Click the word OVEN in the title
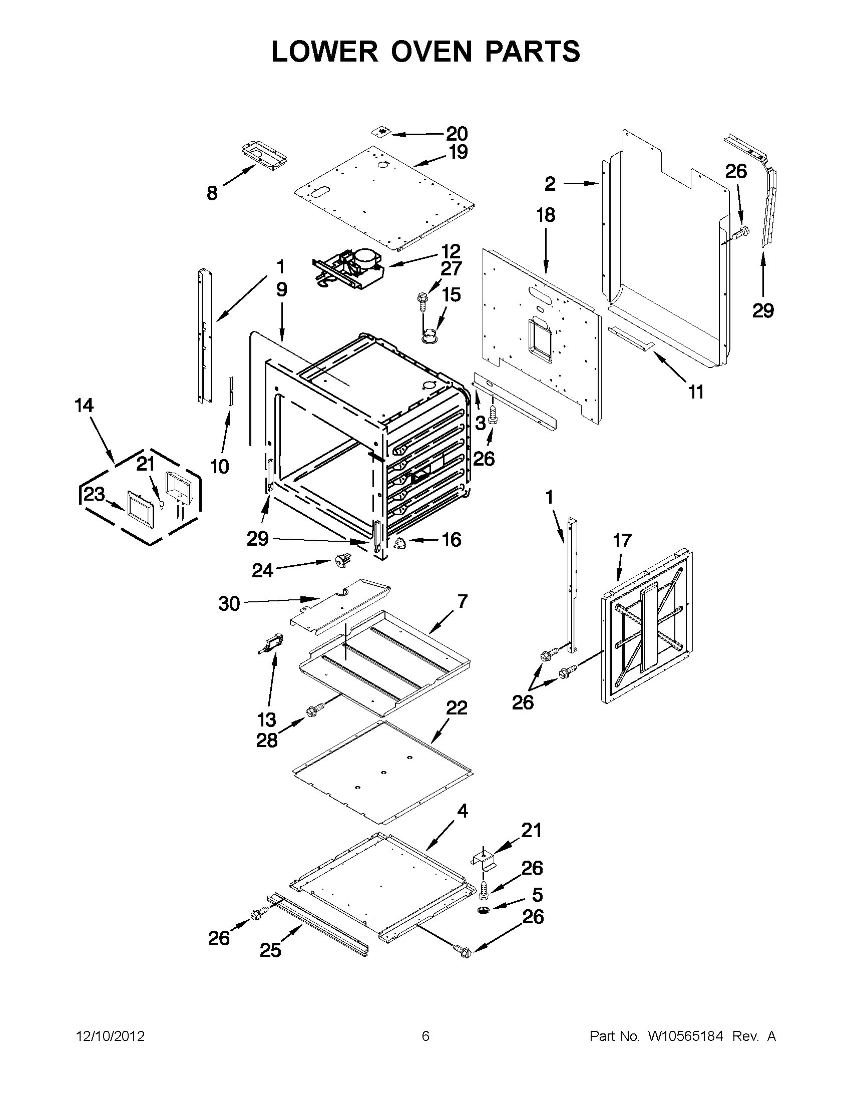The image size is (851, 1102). pos(433,52)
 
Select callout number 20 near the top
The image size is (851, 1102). pos(457,134)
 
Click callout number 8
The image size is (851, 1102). pos(212,193)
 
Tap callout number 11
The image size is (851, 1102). pos(696,392)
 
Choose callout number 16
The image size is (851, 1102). pos(451,540)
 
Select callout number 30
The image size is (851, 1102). pos(228,603)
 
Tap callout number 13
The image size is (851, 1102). pos(267,719)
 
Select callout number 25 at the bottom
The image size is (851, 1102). pos(270,951)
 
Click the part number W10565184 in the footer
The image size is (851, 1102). pos(685,1036)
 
